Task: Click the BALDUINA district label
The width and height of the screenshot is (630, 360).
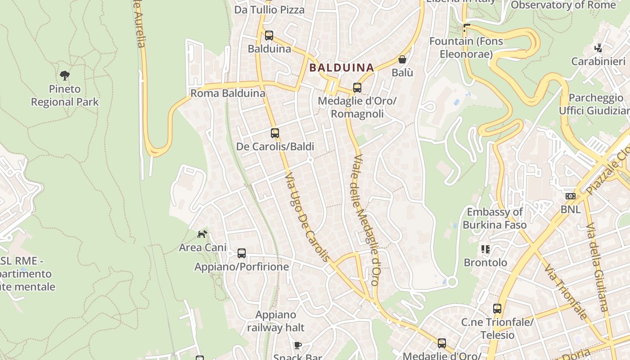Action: [342, 68]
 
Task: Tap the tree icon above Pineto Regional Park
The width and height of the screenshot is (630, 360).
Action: [65, 75]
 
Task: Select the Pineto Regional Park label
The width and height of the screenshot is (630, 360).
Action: [65, 95]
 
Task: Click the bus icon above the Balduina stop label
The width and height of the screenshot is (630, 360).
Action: [269, 35]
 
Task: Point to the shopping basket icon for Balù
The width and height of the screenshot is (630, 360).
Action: [402, 59]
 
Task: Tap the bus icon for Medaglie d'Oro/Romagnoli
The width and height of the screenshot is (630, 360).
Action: [357, 88]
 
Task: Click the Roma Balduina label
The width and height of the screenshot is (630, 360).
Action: [228, 94]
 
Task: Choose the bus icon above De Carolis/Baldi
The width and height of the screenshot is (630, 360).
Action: [275, 133]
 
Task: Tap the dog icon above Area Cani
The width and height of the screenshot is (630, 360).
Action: [202, 234]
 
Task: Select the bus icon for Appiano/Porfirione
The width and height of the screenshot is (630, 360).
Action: [242, 253]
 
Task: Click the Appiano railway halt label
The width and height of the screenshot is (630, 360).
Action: [276, 321]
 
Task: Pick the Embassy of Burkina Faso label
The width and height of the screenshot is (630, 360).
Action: [495, 218]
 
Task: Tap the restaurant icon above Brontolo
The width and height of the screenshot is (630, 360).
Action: [485, 249]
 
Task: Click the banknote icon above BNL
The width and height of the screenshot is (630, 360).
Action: [570, 196]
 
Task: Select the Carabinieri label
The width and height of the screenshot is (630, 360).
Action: [598, 62]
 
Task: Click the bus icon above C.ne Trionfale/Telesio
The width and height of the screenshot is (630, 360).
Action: [497, 309]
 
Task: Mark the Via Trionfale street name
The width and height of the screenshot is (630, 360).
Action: [566, 292]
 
